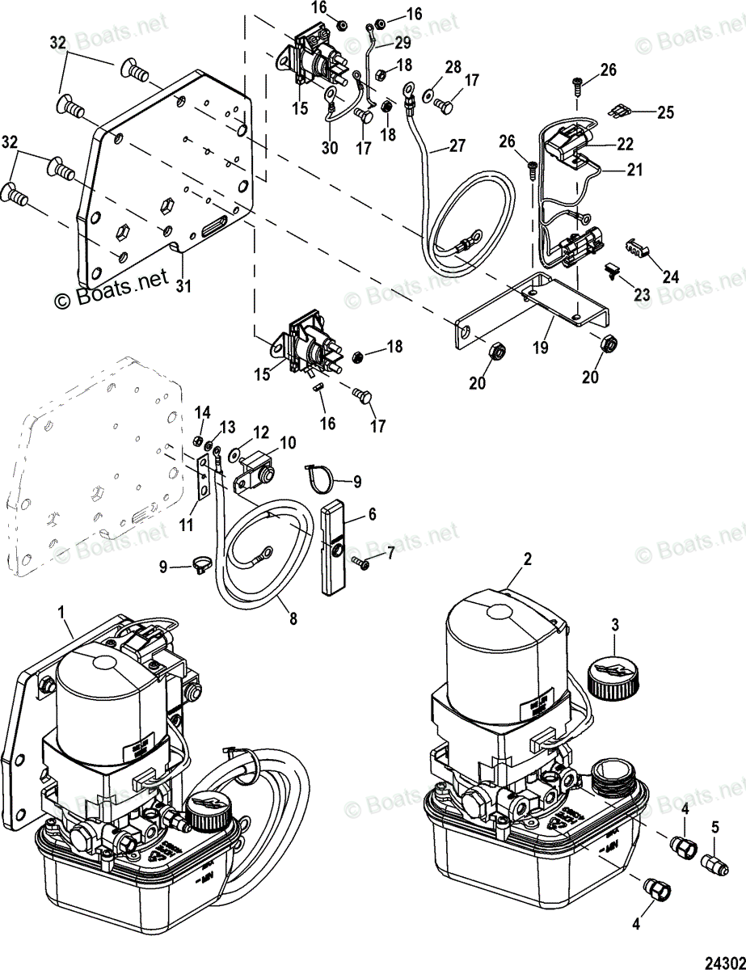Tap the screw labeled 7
361,563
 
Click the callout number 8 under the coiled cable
293,620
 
